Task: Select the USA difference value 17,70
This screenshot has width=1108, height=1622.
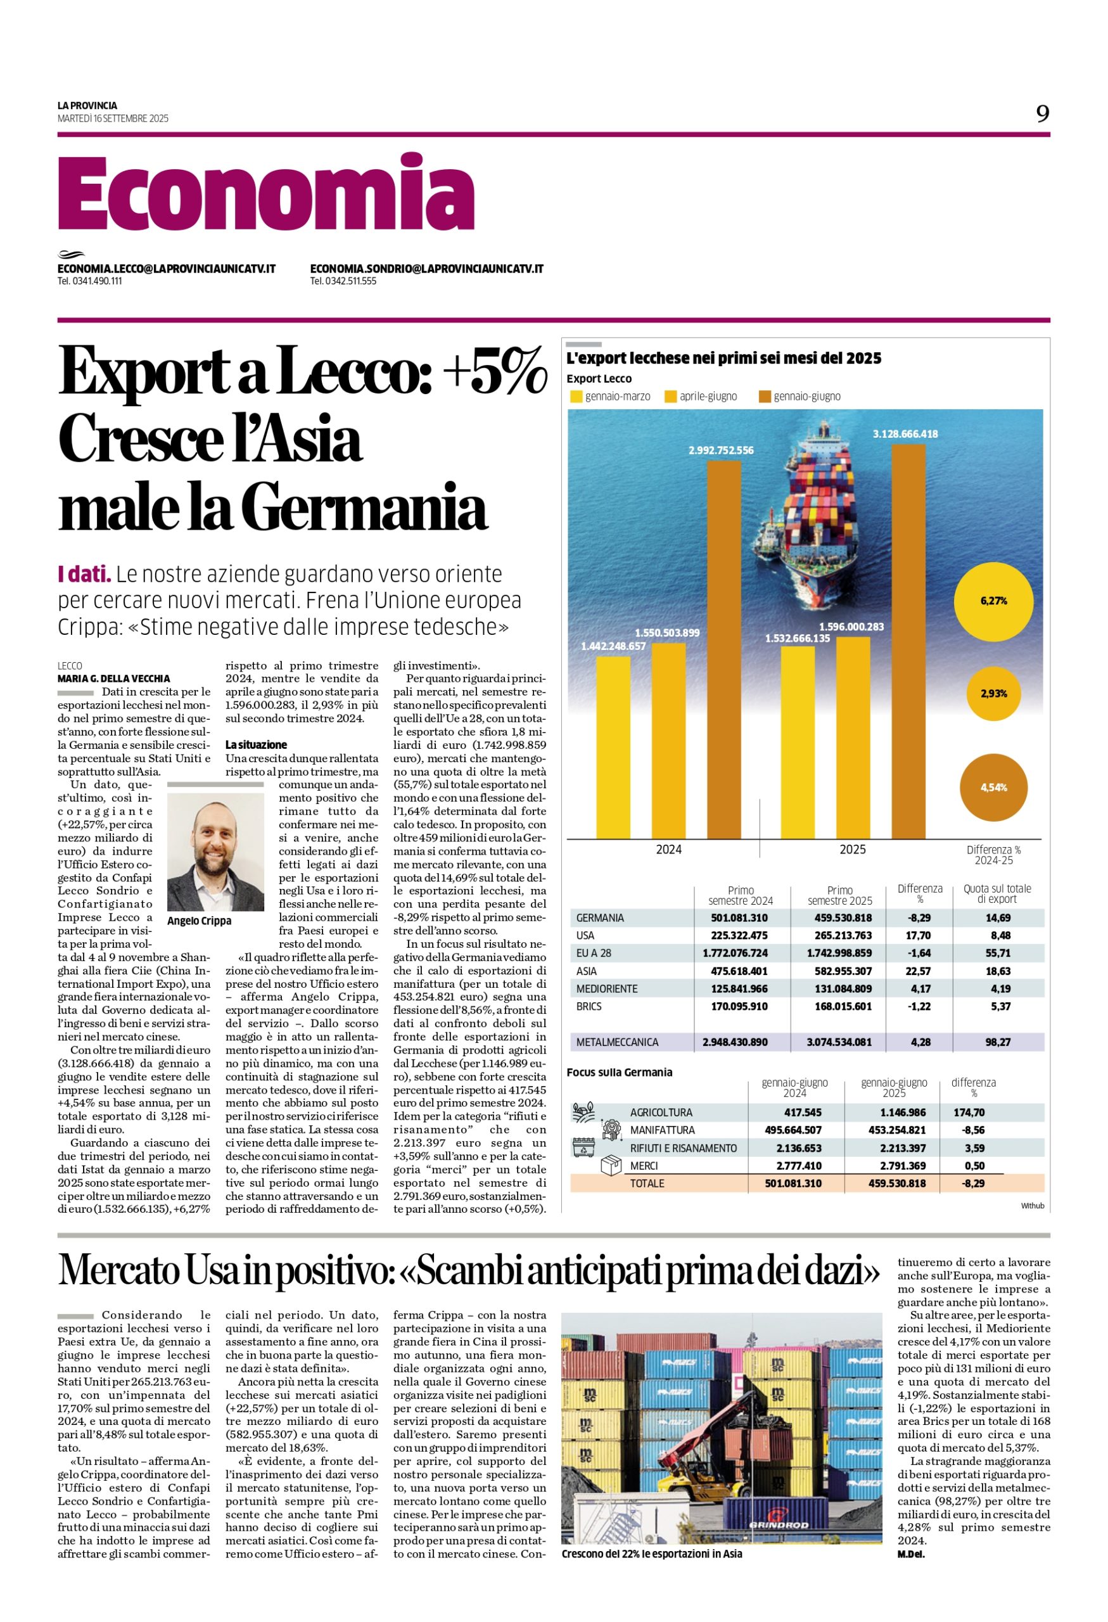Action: click(920, 935)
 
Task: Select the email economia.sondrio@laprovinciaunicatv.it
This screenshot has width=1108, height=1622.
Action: click(426, 269)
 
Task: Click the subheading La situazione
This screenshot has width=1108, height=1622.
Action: click(256, 744)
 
